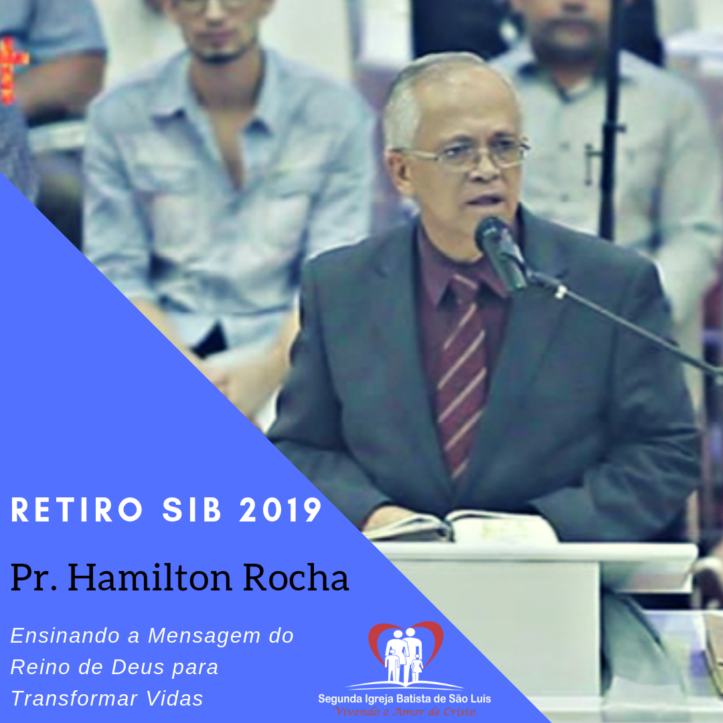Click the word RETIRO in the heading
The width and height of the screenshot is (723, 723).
77,510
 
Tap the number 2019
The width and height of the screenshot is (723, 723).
280,510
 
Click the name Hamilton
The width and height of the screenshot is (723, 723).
151,577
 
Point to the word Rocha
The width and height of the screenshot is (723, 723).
296,577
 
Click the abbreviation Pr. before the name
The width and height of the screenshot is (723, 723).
33,577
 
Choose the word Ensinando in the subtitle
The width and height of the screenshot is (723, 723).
66,636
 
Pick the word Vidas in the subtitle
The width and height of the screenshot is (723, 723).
175,698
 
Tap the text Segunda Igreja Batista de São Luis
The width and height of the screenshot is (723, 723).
404,699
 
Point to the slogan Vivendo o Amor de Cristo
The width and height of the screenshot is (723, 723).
405,712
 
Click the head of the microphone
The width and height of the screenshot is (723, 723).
500,251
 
